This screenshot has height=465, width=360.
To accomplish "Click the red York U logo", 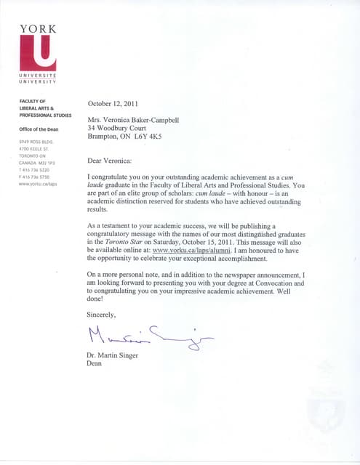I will (38, 54).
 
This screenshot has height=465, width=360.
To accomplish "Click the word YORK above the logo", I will (38, 29).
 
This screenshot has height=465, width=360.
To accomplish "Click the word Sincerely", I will (102, 315).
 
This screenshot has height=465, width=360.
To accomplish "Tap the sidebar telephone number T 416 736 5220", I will (36, 170).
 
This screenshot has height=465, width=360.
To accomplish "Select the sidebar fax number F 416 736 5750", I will (36, 177).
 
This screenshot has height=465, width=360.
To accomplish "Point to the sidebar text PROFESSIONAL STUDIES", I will (45, 116).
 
